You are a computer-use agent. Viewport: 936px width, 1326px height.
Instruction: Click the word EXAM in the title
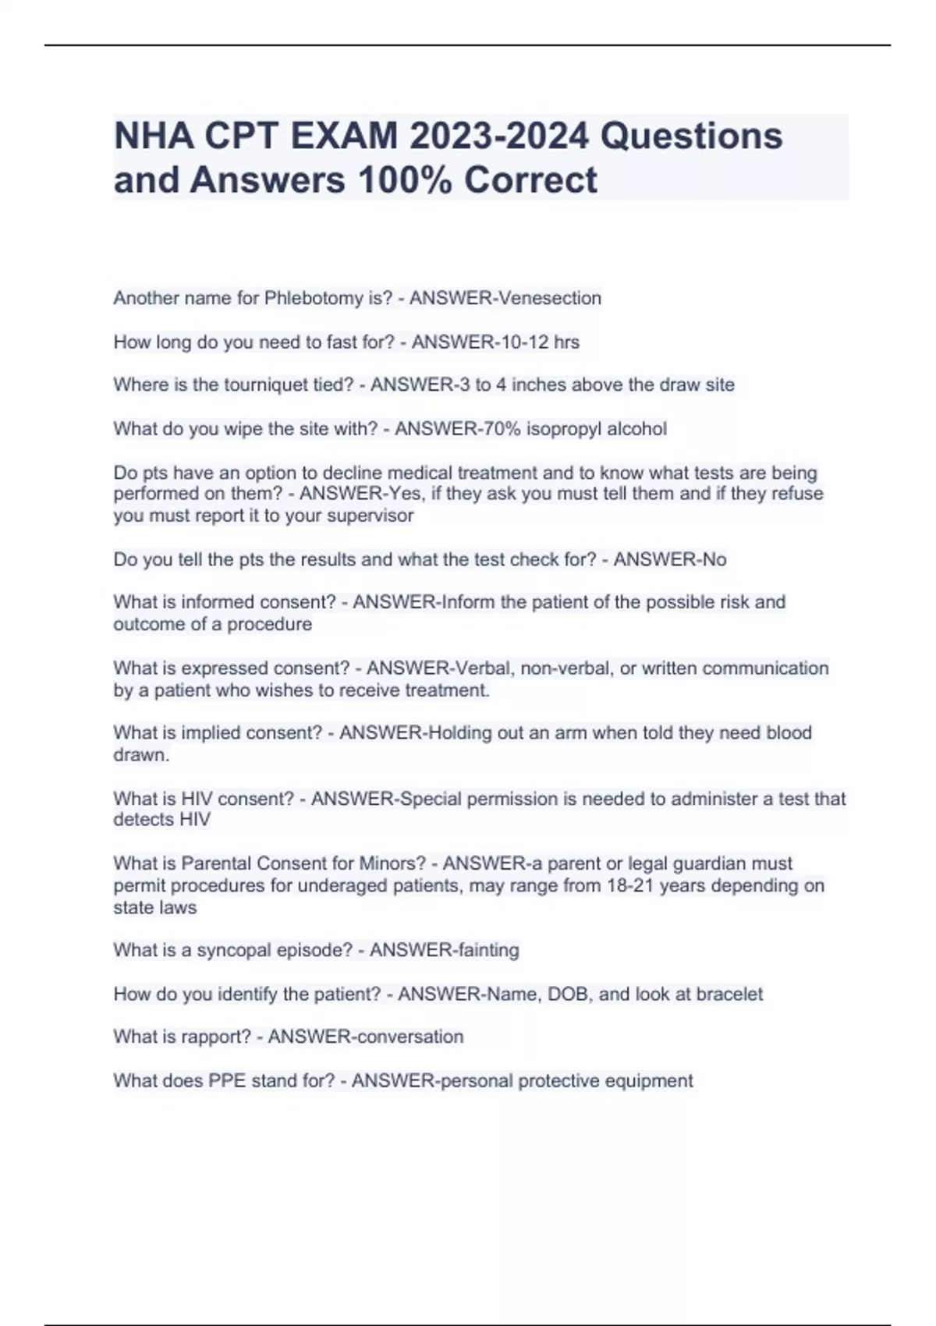pos(344,136)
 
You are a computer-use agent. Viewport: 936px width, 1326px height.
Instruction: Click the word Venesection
pos(550,298)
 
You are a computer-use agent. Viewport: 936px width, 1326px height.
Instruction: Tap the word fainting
pos(483,950)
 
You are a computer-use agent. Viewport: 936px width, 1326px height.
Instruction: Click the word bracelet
pos(729,994)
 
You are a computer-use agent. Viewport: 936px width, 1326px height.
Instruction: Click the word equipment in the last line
pos(652,1081)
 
